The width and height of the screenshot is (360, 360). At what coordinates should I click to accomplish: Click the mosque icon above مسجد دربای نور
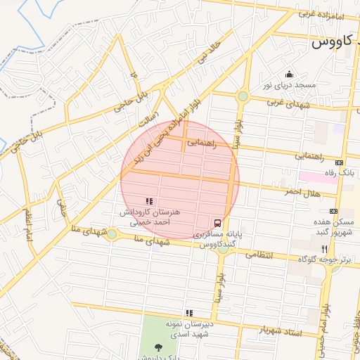(288, 75)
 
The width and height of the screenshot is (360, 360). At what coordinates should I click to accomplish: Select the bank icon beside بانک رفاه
(340, 162)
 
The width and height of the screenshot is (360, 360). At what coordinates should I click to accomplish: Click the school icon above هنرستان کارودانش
(148, 202)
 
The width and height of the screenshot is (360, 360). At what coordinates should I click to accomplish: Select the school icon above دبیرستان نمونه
(188, 313)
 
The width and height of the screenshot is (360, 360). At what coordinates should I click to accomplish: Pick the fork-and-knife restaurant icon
(324, 249)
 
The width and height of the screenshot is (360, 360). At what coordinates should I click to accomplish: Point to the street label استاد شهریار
(281, 331)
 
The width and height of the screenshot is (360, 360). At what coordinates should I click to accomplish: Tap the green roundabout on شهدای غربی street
(243, 96)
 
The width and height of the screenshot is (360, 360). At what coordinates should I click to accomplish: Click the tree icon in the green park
(158, 347)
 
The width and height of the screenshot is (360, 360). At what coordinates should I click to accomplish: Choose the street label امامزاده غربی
(320, 14)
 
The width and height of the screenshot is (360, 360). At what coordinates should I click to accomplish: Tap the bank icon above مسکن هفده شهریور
(333, 211)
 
